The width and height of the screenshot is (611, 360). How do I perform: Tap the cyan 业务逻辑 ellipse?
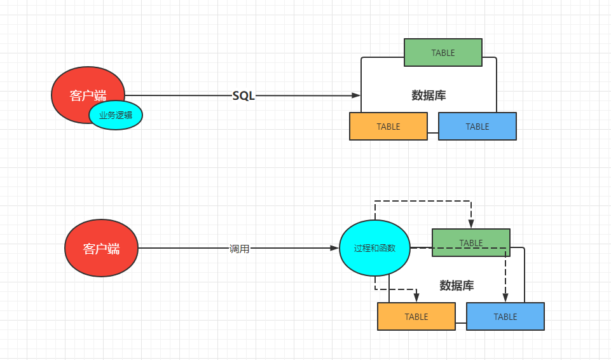tap(116, 116)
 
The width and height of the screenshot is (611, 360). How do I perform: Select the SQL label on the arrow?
tap(244, 96)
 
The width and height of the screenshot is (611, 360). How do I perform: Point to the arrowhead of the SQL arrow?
tap(357, 95)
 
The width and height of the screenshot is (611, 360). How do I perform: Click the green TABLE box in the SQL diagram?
tap(443, 53)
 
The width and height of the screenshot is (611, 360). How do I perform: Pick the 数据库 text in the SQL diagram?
tap(429, 96)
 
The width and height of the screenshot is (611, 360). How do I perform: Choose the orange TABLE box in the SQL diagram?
tap(388, 127)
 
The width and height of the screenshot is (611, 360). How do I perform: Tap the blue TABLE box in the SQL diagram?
tap(477, 127)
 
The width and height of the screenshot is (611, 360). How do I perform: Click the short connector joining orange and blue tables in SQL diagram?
tap(433, 133)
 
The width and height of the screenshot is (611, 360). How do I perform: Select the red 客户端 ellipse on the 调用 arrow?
tap(102, 248)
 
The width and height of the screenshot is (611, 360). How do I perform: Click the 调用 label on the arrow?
tap(240, 249)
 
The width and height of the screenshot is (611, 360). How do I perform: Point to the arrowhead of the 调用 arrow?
tap(335, 248)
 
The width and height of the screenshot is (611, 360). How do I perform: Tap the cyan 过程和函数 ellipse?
tap(375, 248)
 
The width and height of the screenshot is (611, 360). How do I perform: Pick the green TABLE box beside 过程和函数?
tap(471, 243)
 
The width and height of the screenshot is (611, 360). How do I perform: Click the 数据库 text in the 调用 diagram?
tap(457, 286)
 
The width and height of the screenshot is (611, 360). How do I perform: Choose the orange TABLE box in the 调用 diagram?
tap(416, 317)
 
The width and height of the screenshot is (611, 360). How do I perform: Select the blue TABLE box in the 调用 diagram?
tap(505, 317)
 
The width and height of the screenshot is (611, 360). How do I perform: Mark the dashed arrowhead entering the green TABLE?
tap(471, 225)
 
